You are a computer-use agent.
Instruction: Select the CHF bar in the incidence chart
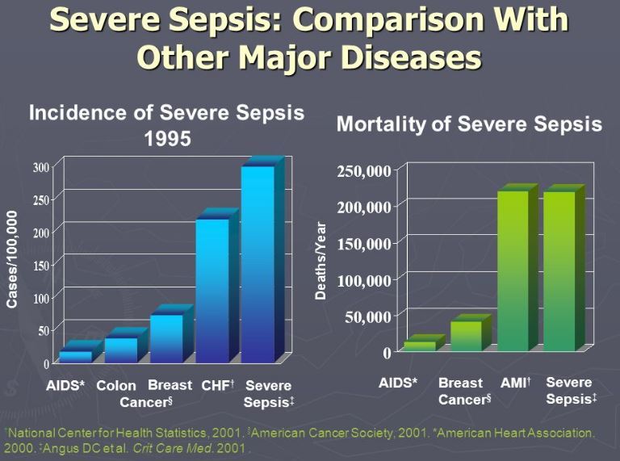(x=212, y=291)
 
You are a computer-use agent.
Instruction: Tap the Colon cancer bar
(x=121, y=350)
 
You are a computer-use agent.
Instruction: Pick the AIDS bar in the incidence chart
(x=75, y=356)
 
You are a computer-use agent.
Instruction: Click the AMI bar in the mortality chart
(x=513, y=270)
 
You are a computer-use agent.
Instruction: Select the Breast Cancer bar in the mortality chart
(x=466, y=336)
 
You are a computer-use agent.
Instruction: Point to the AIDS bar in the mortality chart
(x=420, y=346)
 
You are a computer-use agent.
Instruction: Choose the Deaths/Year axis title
(x=320, y=261)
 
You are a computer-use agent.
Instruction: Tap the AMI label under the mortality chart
(x=515, y=383)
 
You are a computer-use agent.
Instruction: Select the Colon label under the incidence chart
(x=116, y=386)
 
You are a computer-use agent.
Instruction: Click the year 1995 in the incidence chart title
(x=167, y=138)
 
